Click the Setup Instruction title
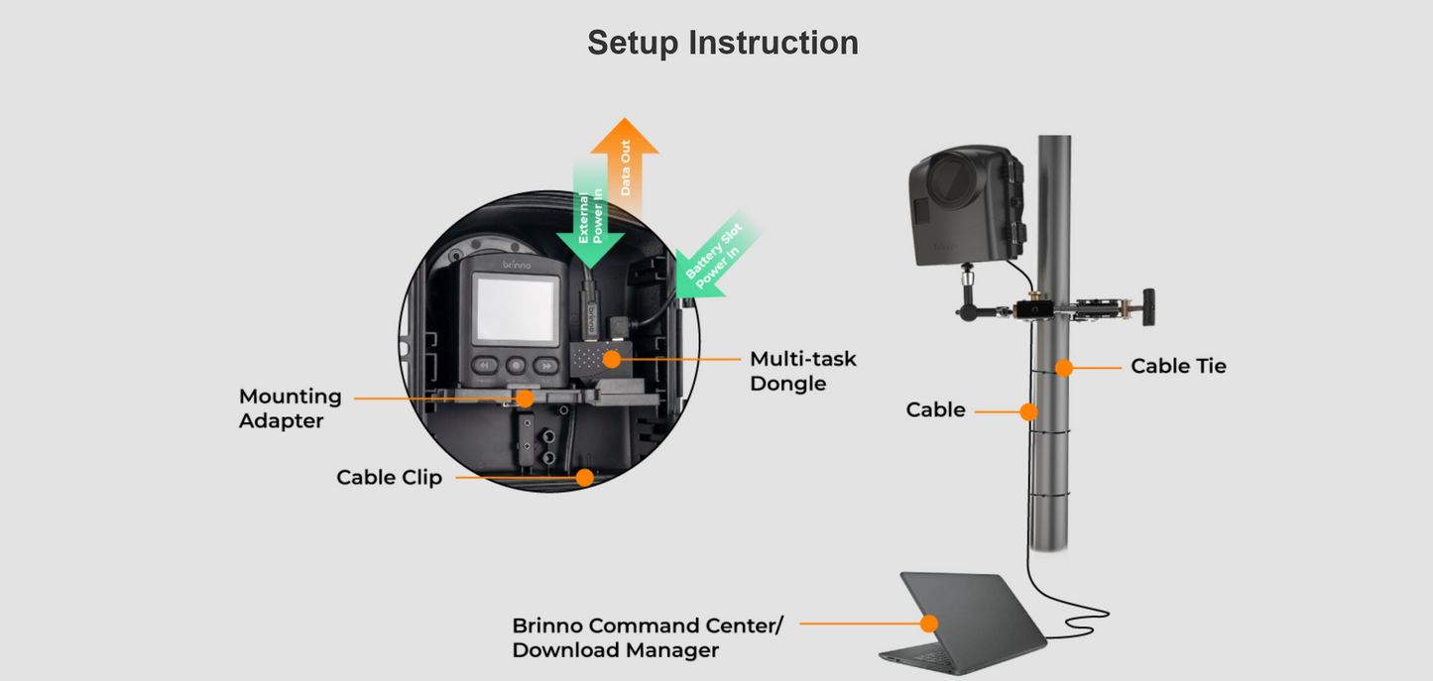[x=722, y=43]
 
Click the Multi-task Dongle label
[x=802, y=371]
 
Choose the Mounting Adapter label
[x=290, y=408]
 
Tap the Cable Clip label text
[x=389, y=478]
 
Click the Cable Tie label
[x=1178, y=367]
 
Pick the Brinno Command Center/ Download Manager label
[x=647, y=638]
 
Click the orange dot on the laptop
[x=928, y=624]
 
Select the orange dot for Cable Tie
[x=1064, y=368]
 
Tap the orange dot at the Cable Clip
[x=584, y=478]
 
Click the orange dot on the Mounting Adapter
[x=525, y=398]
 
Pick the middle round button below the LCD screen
[x=516, y=365]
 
